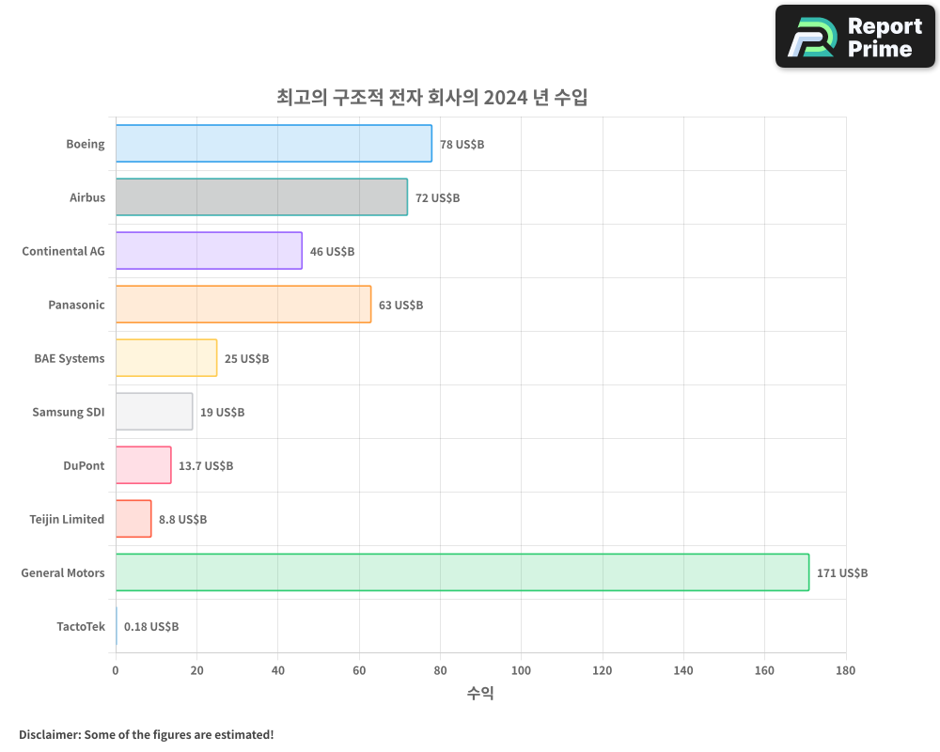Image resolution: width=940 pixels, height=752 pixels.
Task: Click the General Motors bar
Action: point(462,572)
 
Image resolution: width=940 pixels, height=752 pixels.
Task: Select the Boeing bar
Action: point(274,144)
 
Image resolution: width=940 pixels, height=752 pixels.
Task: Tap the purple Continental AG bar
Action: point(209,251)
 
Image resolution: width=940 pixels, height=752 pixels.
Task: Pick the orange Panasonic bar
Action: point(243,305)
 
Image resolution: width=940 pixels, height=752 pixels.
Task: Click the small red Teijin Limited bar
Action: point(133,519)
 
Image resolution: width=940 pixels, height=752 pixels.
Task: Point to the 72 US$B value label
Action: point(438,198)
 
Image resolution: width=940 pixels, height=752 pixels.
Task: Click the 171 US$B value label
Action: point(842,573)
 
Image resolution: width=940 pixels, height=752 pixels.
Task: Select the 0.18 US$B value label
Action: point(151,627)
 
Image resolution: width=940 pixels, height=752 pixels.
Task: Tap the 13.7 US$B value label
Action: point(206,466)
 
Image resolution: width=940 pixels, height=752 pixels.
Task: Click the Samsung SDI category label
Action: point(69,413)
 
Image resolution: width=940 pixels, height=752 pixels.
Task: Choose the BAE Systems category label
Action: point(70,359)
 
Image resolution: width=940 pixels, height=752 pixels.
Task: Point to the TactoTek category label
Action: point(81,627)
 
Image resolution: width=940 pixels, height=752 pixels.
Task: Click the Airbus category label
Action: point(87,198)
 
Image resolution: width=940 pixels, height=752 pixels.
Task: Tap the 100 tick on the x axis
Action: point(522,671)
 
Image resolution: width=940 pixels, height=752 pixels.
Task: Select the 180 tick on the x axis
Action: point(845,671)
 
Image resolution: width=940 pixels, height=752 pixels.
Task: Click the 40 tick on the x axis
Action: point(278,671)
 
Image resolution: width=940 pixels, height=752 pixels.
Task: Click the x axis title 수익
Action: point(480,694)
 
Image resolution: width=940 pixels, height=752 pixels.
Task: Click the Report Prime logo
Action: point(854,37)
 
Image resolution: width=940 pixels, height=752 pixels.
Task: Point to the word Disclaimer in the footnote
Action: point(49,734)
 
